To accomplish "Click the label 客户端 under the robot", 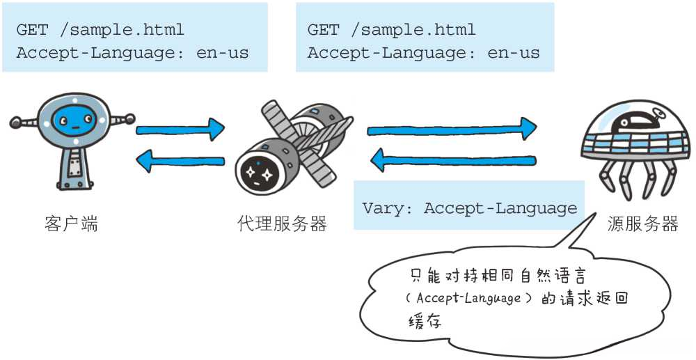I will (71, 224).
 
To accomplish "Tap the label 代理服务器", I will (282, 224).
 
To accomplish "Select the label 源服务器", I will (642, 224).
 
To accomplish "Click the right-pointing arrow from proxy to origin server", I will (452, 129).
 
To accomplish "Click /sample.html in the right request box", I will (415, 30).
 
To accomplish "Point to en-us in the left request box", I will (223, 53).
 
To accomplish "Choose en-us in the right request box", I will (514, 53).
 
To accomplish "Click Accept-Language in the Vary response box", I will (500, 208).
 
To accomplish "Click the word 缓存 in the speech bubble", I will (425, 321).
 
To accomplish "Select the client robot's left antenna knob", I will (15, 123).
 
